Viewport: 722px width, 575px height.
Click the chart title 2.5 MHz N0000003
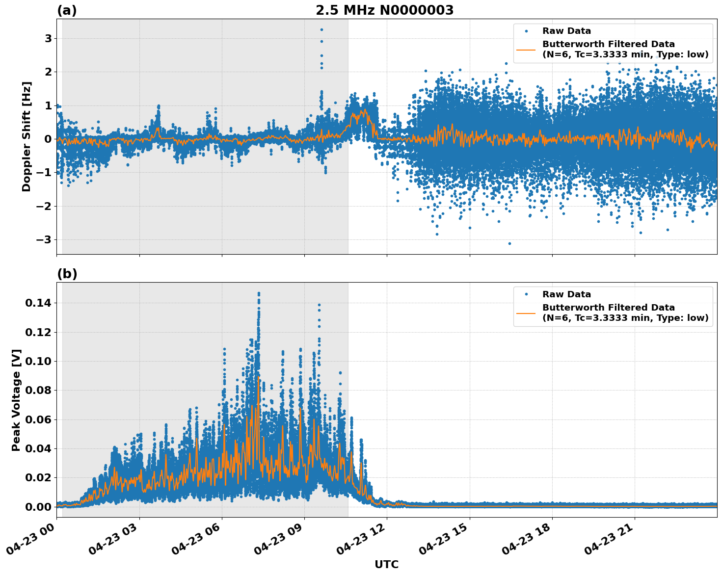384,10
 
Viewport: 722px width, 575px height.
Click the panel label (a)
67,10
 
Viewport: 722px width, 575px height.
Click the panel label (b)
67,274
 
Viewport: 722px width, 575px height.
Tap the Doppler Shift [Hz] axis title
27,136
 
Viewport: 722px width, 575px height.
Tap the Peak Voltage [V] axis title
16,400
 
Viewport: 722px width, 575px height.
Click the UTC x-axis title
386,564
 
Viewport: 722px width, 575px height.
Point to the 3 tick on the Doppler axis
48,38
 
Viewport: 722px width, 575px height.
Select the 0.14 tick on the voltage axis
38,303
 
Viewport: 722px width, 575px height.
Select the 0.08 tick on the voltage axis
38,391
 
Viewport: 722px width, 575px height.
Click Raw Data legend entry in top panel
566,31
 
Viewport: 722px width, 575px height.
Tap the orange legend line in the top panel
526,50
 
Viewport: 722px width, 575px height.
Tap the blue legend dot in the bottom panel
526,294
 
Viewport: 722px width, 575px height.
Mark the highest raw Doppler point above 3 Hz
321,29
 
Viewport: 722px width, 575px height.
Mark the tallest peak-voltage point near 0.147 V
259,293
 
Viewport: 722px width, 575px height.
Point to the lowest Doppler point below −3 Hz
509,243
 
